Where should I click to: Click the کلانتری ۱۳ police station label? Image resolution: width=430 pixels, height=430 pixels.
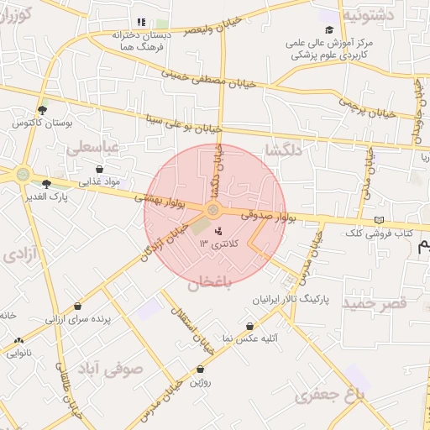tap(219, 243)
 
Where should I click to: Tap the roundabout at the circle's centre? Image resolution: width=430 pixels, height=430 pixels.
tap(213, 209)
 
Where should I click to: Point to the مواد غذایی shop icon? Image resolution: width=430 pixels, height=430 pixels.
tap(100, 169)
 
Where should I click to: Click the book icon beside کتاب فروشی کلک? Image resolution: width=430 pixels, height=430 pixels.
tap(379, 219)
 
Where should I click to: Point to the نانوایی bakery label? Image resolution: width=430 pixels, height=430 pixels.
tap(20, 353)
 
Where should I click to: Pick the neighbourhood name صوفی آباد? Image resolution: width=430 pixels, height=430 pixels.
tap(110, 368)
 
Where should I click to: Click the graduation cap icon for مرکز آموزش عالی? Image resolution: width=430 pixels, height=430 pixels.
tap(329, 29)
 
